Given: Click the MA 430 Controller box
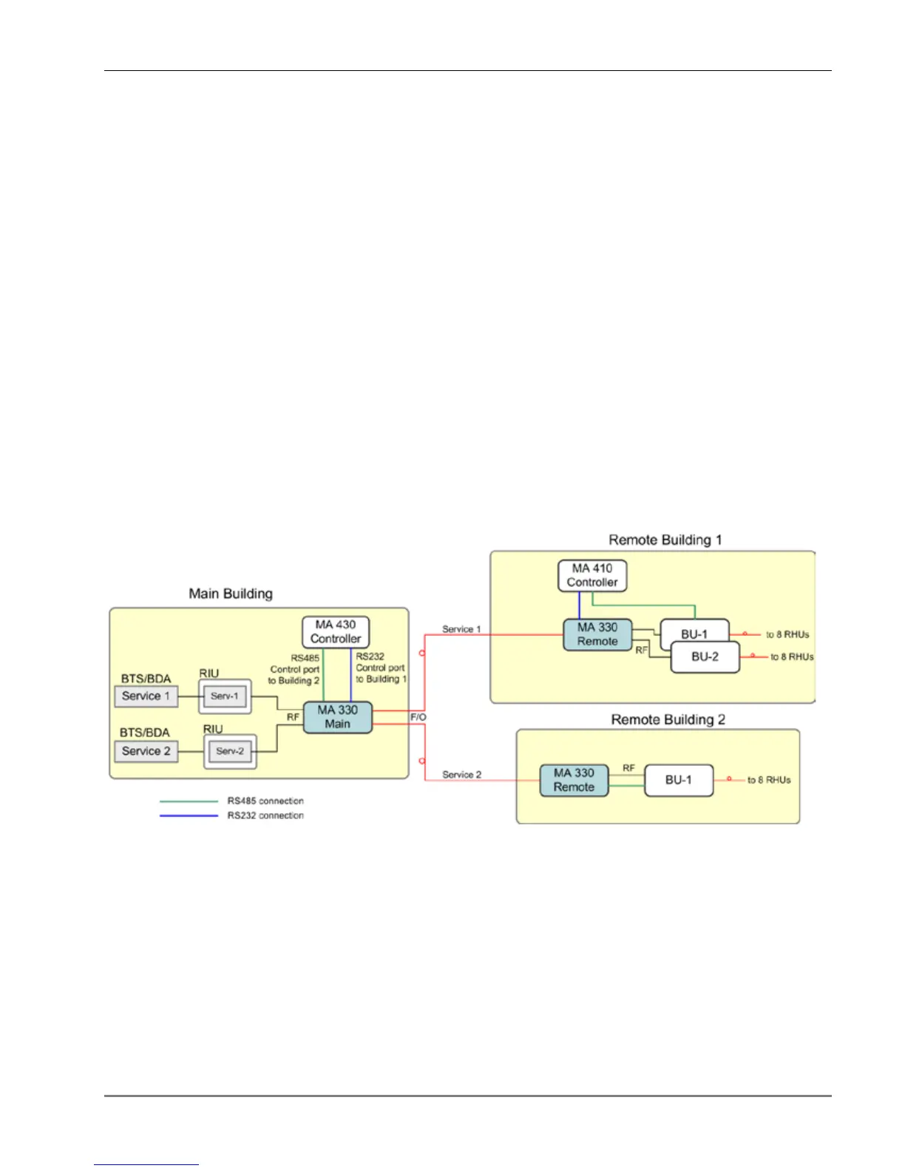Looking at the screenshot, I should coord(336,632).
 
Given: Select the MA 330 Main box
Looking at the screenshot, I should coord(337,717).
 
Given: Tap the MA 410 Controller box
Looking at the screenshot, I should coord(592,576).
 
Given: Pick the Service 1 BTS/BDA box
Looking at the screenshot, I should coord(146,696).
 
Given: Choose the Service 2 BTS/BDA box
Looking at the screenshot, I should coord(146,751).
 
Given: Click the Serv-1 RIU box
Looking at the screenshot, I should coord(225,696).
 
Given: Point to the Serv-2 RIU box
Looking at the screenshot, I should coord(230,751).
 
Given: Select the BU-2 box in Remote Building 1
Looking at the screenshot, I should coord(705,657).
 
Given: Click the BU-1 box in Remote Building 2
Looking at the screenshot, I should coord(679,780).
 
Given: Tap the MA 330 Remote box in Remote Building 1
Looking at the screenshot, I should coord(597,635).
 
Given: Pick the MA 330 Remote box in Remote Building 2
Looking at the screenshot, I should coord(574,780).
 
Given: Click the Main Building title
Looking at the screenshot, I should coord(231,594).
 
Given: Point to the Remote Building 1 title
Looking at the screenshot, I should coord(665,540).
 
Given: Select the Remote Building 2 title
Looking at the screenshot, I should coord(668,719).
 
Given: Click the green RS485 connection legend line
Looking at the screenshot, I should coord(189,801).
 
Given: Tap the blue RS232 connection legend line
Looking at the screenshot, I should coord(189,815).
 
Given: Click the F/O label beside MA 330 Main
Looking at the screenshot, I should coord(418,717).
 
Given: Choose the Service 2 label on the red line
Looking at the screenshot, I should coord(461,774).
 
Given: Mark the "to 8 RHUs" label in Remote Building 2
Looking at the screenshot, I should coord(768,780).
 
